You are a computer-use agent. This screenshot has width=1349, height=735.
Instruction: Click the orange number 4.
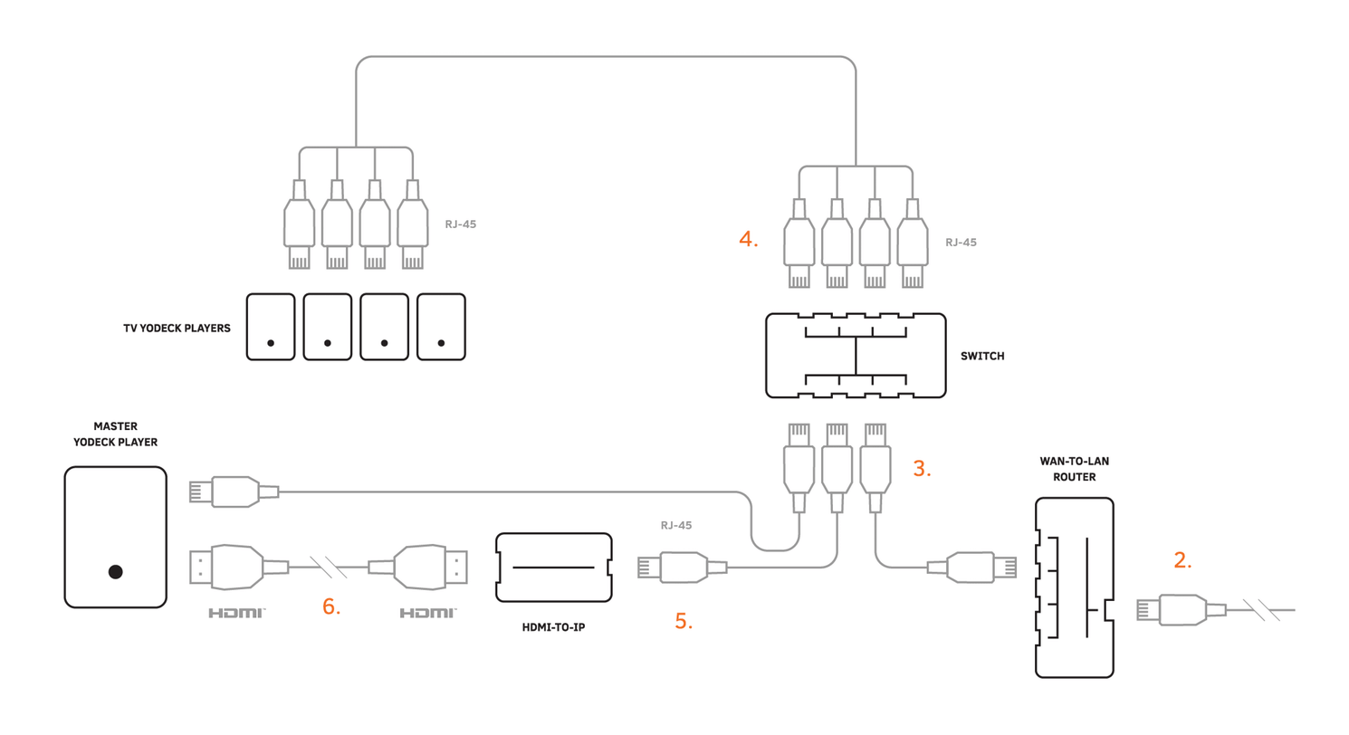tap(748, 240)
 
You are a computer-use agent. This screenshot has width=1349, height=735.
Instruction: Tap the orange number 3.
tap(922, 469)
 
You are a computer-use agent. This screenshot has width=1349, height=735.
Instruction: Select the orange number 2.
tap(1182, 560)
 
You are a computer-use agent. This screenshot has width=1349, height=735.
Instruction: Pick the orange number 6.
tap(331, 606)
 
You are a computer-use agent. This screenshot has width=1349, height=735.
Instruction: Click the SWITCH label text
tap(982, 357)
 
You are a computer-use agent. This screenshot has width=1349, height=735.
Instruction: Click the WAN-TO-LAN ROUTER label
tap(1074, 469)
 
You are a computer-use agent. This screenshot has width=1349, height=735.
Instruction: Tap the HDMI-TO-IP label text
tap(554, 627)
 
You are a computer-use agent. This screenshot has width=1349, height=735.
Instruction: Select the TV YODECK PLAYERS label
tap(177, 329)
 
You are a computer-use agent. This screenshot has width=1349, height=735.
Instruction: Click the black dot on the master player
tap(115, 571)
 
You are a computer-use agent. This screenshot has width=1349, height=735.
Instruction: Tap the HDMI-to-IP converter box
tap(554, 568)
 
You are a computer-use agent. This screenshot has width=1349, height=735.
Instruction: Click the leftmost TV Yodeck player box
tap(271, 326)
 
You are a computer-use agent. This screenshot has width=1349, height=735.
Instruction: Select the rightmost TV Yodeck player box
tap(441, 326)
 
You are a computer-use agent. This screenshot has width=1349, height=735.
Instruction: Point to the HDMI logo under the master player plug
tap(236, 613)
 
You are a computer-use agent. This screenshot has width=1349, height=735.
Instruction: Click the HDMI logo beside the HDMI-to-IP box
tap(427, 613)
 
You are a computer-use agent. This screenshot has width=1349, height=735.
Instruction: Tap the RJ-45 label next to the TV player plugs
tap(460, 224)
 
